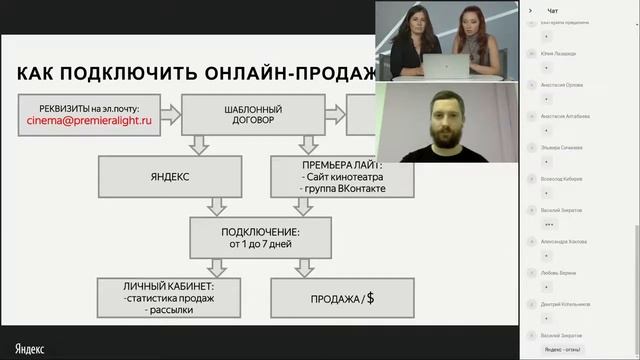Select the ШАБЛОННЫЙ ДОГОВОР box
pyautogui.click(x=258, y=116)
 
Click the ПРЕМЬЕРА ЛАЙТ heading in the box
pyautogui.click(x=329, y=161)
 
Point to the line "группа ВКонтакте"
pyautogui.click(x=331, y=188)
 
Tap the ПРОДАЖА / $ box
pyautogui.click(x=329, y=298)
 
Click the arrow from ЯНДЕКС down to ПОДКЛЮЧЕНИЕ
pyautogui.click(x=213, y=207)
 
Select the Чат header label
pyautogui.click(x=553, y=10)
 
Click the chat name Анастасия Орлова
pyautogui.click(x=562, y=84)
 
